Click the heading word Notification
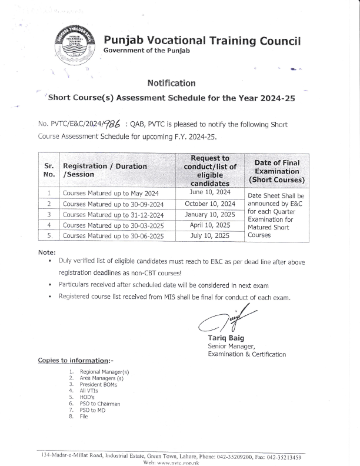(171, 84)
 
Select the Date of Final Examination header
(276, 171)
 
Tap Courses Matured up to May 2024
(104, 193)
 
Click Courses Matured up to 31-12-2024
(108, 214)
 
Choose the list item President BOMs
(98, 385)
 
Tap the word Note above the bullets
(46, 252)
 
